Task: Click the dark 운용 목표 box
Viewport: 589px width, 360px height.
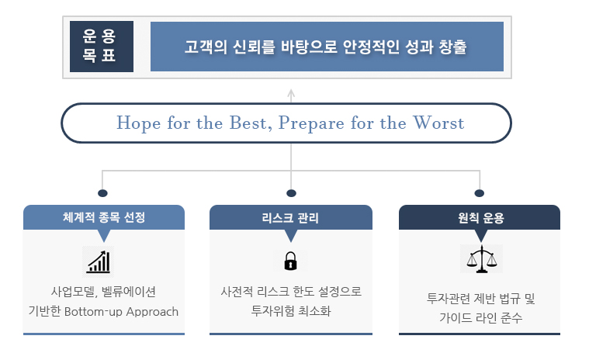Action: (102, 47)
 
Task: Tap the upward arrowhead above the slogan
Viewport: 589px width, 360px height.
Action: (291, 93)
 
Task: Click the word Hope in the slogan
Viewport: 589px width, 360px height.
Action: (139, 123)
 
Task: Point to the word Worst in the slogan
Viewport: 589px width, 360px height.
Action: (438, 123)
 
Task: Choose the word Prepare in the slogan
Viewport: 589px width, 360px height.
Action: (311, 123)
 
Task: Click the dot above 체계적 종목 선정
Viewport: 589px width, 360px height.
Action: (102, 193)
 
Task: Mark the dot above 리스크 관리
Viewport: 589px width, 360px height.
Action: (291, 193)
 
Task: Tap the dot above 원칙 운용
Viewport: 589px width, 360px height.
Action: (480, 193)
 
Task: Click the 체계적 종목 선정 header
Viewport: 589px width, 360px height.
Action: (104, 217)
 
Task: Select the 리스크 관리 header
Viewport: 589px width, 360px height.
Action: (291, 217)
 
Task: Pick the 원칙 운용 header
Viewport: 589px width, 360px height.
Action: (480, 217)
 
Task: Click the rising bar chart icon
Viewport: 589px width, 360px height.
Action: (99, 261)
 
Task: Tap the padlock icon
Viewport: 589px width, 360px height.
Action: (290, 261)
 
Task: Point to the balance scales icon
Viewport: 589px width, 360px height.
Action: (482, 259)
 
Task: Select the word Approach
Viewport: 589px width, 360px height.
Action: (152, 312)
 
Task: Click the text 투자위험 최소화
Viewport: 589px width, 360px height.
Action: (291, 311)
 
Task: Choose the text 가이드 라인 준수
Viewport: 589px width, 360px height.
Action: (481, 318)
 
